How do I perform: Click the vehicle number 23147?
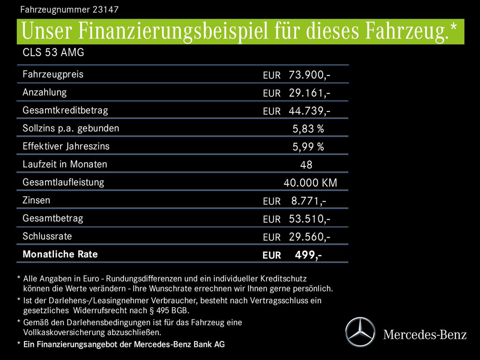click(105, 9)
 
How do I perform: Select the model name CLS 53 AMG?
click(53, 52)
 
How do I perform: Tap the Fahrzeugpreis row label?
click(53, 74)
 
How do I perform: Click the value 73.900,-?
click(309, 75)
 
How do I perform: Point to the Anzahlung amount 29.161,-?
click(309, 93)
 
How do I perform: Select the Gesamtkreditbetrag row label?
click(65, 110)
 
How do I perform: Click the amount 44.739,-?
click(309, 111)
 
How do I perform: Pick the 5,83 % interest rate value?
click(308, 129)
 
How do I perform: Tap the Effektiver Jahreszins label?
click(66, 146)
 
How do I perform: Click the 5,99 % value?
click(308, 147)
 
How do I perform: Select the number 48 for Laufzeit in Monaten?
click(306, 165)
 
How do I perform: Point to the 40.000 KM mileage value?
click(310, 183)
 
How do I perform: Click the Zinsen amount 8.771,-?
click(308, 201)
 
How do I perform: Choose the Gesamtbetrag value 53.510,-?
click(309, 219)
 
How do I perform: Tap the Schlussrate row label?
click(47, 236)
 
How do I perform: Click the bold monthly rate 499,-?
click(308, 255)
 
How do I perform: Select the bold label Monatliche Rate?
click(60, 255)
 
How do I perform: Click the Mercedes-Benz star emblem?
click(360, 332)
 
